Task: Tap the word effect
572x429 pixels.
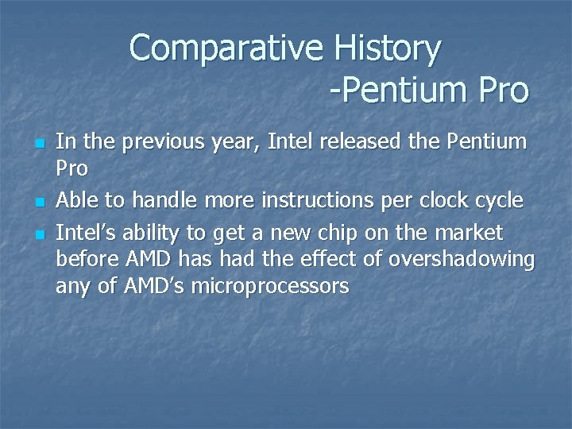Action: (310, 260)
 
